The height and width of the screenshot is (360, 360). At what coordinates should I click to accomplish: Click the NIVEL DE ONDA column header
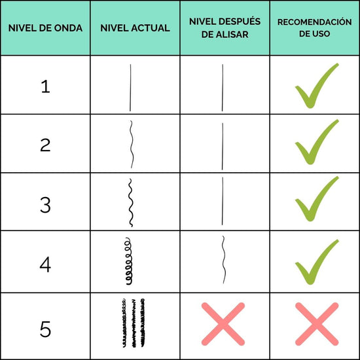coord(45,28)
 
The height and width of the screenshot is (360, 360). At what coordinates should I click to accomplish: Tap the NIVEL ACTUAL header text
coord(135,28)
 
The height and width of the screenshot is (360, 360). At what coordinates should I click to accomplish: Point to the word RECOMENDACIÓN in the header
coord(315,22)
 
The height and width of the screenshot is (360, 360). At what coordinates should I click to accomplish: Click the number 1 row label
coord(45,86)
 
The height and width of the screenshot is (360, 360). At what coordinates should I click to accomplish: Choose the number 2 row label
coord(45,145)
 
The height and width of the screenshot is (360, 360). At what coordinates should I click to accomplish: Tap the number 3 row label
coord(45,205)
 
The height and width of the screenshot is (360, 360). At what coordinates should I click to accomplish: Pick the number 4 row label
coord(45,264)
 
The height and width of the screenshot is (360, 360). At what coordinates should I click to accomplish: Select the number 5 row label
coord(45,329)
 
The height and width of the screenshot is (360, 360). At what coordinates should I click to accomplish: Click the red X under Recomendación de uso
coord(317,324)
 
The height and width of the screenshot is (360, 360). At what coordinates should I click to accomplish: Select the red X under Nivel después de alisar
coord(223,324)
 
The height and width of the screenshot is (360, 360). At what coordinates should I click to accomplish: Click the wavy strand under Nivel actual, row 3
coord(130,203)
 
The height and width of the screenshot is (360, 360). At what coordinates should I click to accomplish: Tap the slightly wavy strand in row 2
coord(132,144)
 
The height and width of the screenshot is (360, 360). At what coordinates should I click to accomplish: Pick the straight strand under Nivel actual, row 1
coord(130,88)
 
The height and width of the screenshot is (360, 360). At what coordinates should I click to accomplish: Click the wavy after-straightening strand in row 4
coord(224,259)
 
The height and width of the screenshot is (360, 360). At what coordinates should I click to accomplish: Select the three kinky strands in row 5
coord(133,323)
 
